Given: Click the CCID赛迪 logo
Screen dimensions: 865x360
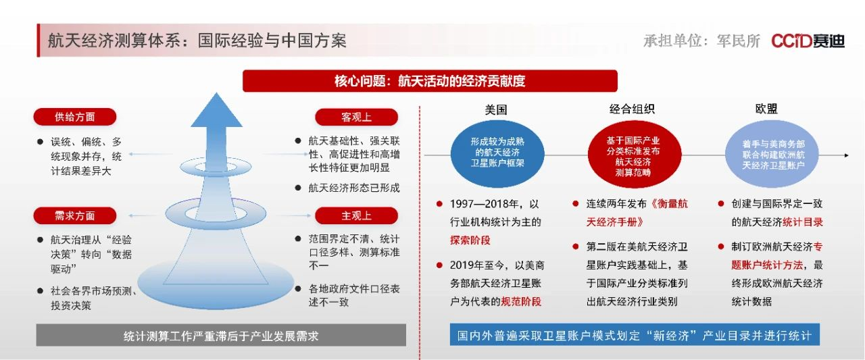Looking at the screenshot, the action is pos(808,41).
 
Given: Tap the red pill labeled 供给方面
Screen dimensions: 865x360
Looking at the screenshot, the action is pos(74,117).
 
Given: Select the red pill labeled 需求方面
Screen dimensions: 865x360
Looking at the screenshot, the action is pos(74,215).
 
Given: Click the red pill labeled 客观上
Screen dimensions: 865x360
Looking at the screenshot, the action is pos(356,117).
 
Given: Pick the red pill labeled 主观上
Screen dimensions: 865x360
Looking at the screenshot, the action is pos(356,215).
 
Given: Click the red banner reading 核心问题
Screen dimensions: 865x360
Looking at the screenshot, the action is pos(430,81).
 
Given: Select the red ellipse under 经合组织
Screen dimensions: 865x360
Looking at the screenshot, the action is pos(635,155).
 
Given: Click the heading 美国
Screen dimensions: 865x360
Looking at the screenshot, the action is pos(496,109).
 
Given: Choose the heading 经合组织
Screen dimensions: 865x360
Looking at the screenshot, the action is pos(632,109).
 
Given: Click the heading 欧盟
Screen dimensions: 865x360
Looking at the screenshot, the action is pos(766,109).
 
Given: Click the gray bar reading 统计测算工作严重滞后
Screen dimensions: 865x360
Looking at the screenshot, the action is pos(221,335).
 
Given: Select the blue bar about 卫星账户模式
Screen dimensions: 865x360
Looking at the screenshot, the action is pos(635,334).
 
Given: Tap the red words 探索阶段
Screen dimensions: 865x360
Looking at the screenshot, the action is pos(470,240).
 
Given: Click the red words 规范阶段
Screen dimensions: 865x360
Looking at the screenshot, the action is pos(521,301).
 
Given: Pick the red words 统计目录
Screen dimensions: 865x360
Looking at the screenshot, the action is pos(802,222).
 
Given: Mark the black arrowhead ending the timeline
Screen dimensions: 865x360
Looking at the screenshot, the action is pos(847,155).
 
